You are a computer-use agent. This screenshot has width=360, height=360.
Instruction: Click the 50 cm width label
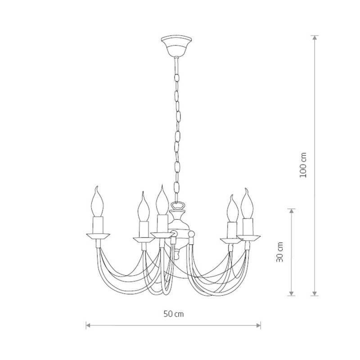point(174,314)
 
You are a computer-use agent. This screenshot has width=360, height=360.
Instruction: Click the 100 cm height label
point(303,165)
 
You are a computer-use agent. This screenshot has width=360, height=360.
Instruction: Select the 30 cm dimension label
point(279,252)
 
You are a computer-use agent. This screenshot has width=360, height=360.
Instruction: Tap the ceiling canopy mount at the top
point(176,46)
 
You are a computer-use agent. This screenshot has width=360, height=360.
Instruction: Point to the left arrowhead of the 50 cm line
point(88,325)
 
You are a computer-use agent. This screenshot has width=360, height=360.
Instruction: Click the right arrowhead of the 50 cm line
point(259,325)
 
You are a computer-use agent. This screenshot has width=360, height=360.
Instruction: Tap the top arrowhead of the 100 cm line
point(315,38)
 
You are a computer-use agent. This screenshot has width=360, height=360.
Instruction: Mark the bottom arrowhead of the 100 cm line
point(315,293)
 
